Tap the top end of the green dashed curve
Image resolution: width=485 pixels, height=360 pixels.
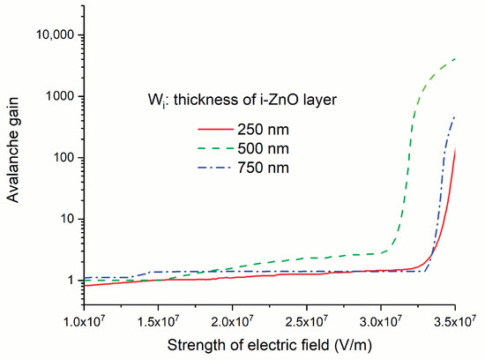pos(455,59)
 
